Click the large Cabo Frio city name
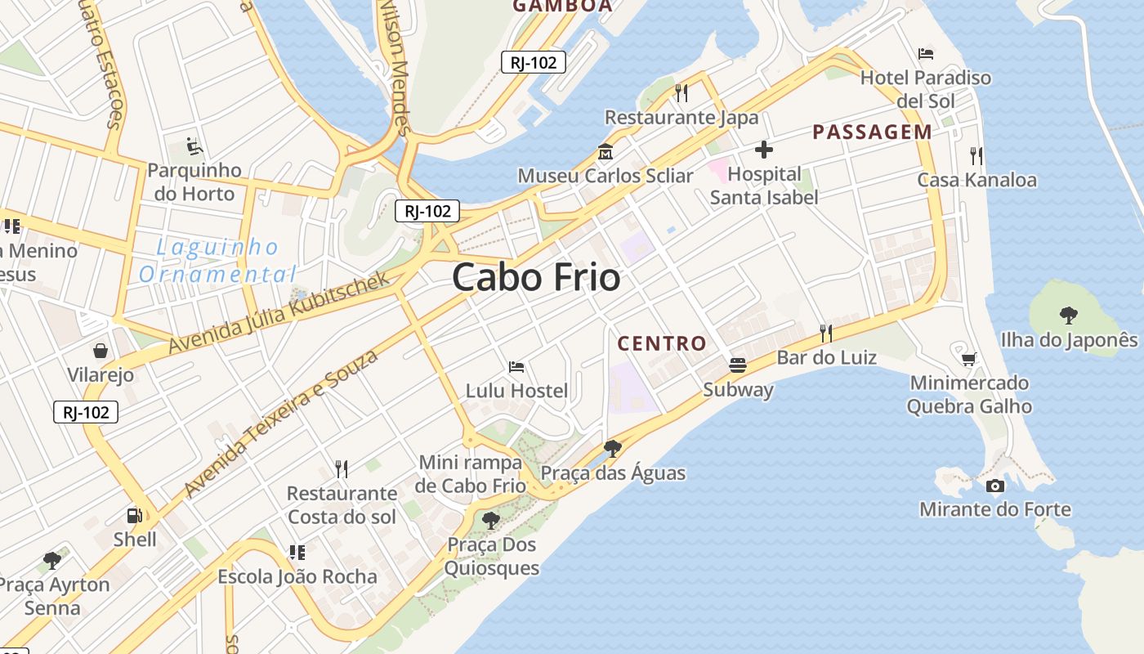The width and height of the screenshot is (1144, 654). tap(536, 278)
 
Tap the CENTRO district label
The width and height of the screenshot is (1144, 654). tap(661, 343)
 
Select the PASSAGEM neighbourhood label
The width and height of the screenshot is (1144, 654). tap(872, 132)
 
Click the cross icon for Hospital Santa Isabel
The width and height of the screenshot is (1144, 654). tap(764, 150)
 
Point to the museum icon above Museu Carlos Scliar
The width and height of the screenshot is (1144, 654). tap(606, 152)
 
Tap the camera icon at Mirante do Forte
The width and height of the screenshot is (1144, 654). tap(994, 486)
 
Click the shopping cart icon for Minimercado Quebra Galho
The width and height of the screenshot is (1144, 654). tap(969, 359)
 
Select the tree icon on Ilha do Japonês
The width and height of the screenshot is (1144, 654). tap(1068, 316)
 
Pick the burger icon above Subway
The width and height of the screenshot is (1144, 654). tap(738, 365)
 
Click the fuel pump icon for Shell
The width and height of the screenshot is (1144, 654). tap(135, 516)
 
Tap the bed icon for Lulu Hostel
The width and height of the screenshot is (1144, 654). tap(516, 367)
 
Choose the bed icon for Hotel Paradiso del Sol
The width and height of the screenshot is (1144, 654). tap(926, 54)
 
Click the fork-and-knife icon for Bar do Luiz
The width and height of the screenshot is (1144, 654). tap(826, 333)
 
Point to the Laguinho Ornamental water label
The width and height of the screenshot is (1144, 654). tap(217, 260)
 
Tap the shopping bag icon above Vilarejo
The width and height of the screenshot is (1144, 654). tap(100, 351)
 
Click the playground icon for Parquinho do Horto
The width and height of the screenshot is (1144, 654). tap(194, 146)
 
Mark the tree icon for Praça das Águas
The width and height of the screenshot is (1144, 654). tap(612, 448)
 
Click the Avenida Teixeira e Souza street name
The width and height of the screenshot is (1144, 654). tap(282, 423)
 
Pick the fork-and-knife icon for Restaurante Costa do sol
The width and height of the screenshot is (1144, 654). tap(342, 469)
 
